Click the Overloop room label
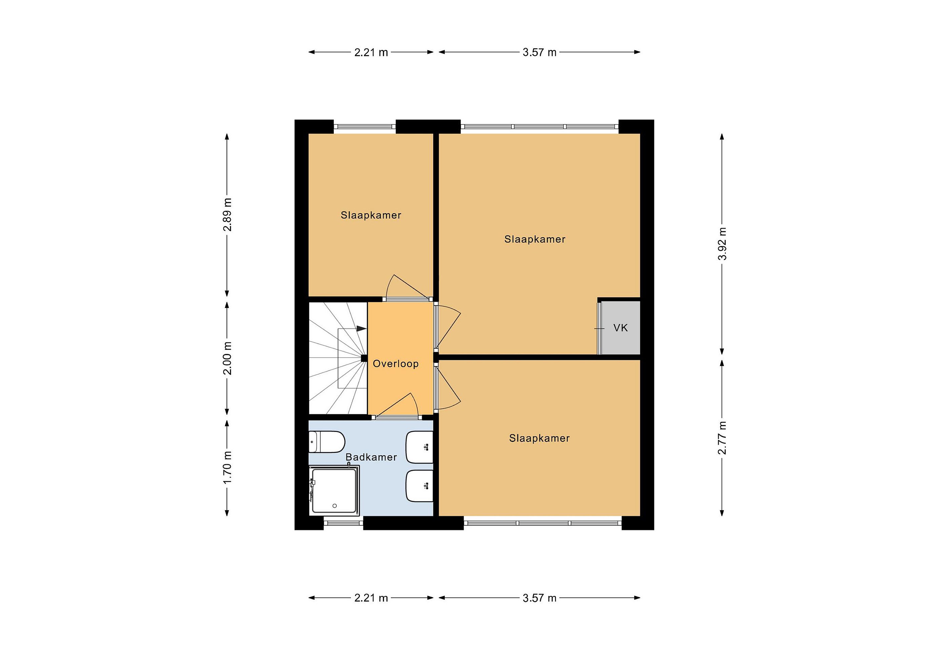(396, 364)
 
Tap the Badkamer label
(371, 457)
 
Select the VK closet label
(620, 328)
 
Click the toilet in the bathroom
(327, 442)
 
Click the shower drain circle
(335, 506)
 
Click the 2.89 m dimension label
(227, 215)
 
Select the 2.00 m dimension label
(227, 358)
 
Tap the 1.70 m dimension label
(227, 468)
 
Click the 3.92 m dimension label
(722, 244)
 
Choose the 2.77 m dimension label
(722, 438)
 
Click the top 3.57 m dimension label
(539, 52)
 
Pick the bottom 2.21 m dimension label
(371, 598)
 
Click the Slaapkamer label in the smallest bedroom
(371, 215)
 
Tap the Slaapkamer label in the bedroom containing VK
(535, 239)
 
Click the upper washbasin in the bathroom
(419, 447)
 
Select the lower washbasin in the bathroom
(419, 486)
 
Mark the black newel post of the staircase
(364, 358)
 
